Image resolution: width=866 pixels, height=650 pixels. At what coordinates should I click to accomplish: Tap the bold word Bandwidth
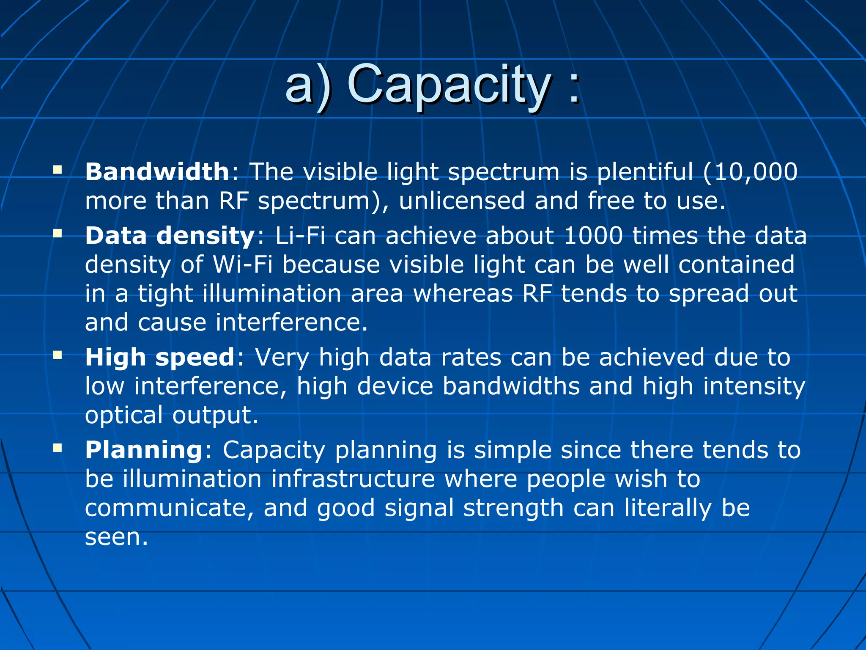pyautogui.click(x=157, y=172)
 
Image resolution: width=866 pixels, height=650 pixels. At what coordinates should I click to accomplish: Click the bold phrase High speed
pyautogui.click(x=159, y=358)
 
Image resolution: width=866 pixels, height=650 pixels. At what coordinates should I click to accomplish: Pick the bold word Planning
pyautogui.click(x=144, y=450)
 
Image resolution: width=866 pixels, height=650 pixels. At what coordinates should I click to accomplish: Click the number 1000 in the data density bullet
pyautogui.click(x=593, y=236)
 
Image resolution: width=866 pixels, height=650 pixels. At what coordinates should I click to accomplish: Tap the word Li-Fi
pyautogui.click(x=300, y=236)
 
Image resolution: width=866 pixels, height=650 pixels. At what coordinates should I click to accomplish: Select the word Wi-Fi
pyautogui.click(x=242, y=265)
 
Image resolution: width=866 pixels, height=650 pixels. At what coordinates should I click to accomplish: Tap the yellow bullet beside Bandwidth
pyautogui.click(x=58, y=170)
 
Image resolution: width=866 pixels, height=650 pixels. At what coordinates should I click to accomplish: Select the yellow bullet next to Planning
pyautogui.click(x=58, y=448)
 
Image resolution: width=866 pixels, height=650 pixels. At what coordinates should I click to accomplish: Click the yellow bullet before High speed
pyautogui.click(x=58, y=355)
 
